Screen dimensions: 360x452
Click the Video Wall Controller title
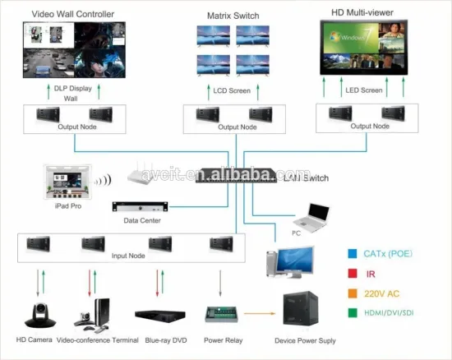pos(62,15)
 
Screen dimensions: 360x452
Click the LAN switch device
pos(234,176)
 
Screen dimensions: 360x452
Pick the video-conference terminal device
pos(95,312)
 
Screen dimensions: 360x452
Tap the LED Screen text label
pos(363,88)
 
